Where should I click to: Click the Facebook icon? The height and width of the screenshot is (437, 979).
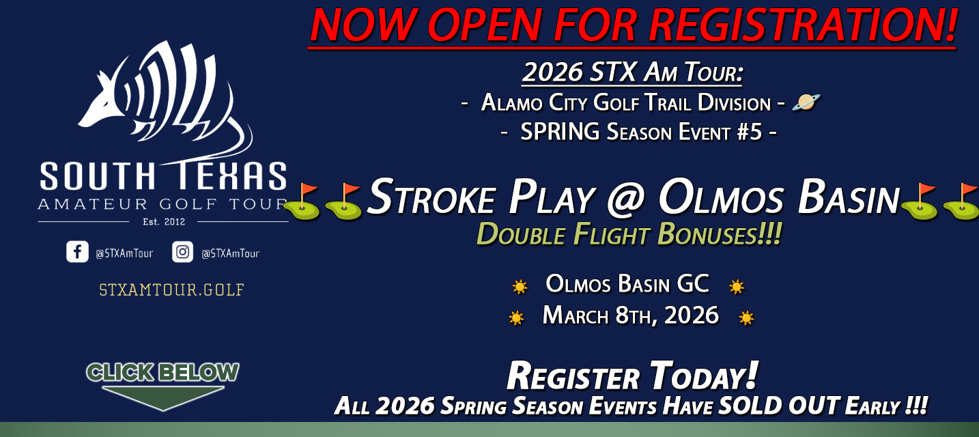point(77,252)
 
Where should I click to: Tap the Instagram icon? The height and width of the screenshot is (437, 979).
point(182,252)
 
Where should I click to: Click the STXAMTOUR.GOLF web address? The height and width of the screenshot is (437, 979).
point(171,290)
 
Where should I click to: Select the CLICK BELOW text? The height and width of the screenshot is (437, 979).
point(162,372)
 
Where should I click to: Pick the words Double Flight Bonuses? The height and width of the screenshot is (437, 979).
point(628,234)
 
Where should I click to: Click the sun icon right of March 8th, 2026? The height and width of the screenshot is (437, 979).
point(746,318)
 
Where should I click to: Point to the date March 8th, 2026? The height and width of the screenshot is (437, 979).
point(631,315)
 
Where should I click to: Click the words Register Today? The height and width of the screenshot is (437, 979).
point(632,376)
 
